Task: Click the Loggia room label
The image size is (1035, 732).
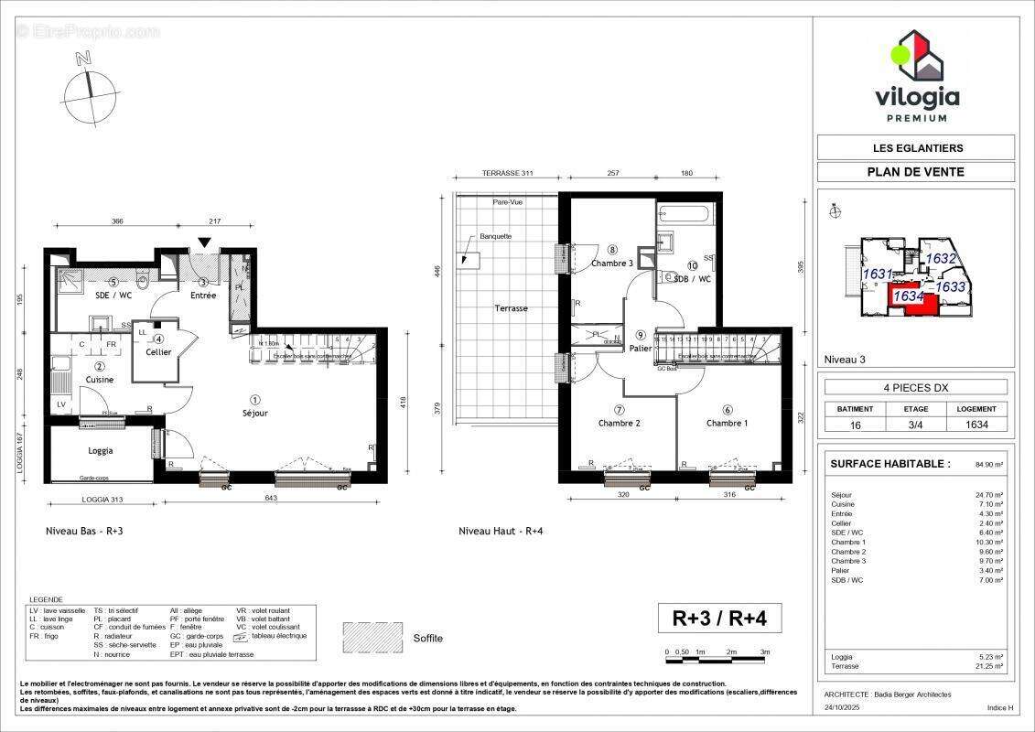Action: (x=100, y=450)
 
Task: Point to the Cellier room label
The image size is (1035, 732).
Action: (x=157, y=351)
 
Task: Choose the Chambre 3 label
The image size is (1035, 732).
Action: (x=611, y=263)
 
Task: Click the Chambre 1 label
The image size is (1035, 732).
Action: (x=728, y=423)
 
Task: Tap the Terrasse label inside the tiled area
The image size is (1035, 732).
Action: (x=511, y=308)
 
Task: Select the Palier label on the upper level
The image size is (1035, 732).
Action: (x=641, y=348)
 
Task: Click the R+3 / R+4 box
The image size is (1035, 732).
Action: (x=719, y=619)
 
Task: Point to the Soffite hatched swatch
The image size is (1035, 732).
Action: (x=372, y=637)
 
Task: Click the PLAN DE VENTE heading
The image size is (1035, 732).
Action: (x=915, y=171)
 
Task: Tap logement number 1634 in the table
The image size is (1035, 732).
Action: (x=977, y=425)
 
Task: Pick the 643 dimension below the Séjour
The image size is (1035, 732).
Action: (x=272, y=498)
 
